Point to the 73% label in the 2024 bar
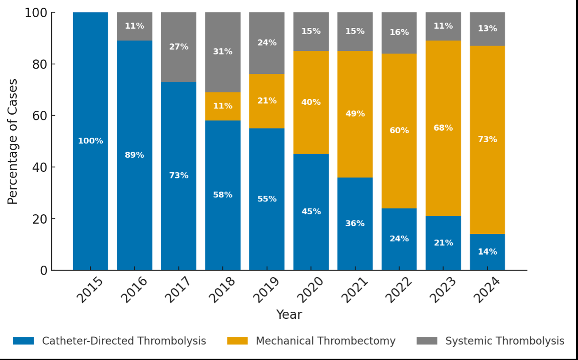coord(487,139)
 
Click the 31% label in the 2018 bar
coord(222,52)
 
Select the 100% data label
coord(90,141)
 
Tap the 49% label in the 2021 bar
coord(355,114)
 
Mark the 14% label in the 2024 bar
coord(487,252)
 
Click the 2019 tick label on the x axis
coord(267,290)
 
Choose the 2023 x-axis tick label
coord(443,290)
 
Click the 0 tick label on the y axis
coord(43,271)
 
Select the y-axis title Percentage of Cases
coord(13,142)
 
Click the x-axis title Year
coord(289,315)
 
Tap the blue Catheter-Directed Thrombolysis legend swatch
coord(23,341)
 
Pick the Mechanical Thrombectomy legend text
coord(326,341)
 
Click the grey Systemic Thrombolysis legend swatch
coord(427,341)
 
